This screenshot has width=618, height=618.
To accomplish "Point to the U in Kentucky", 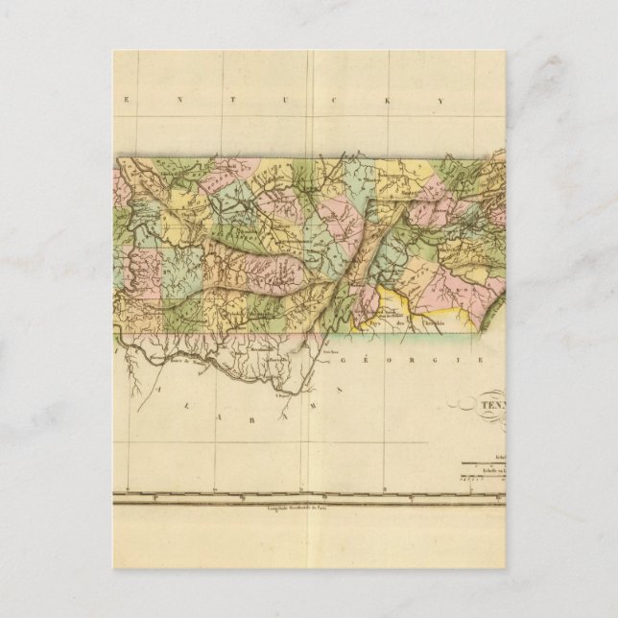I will coord(305,98).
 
